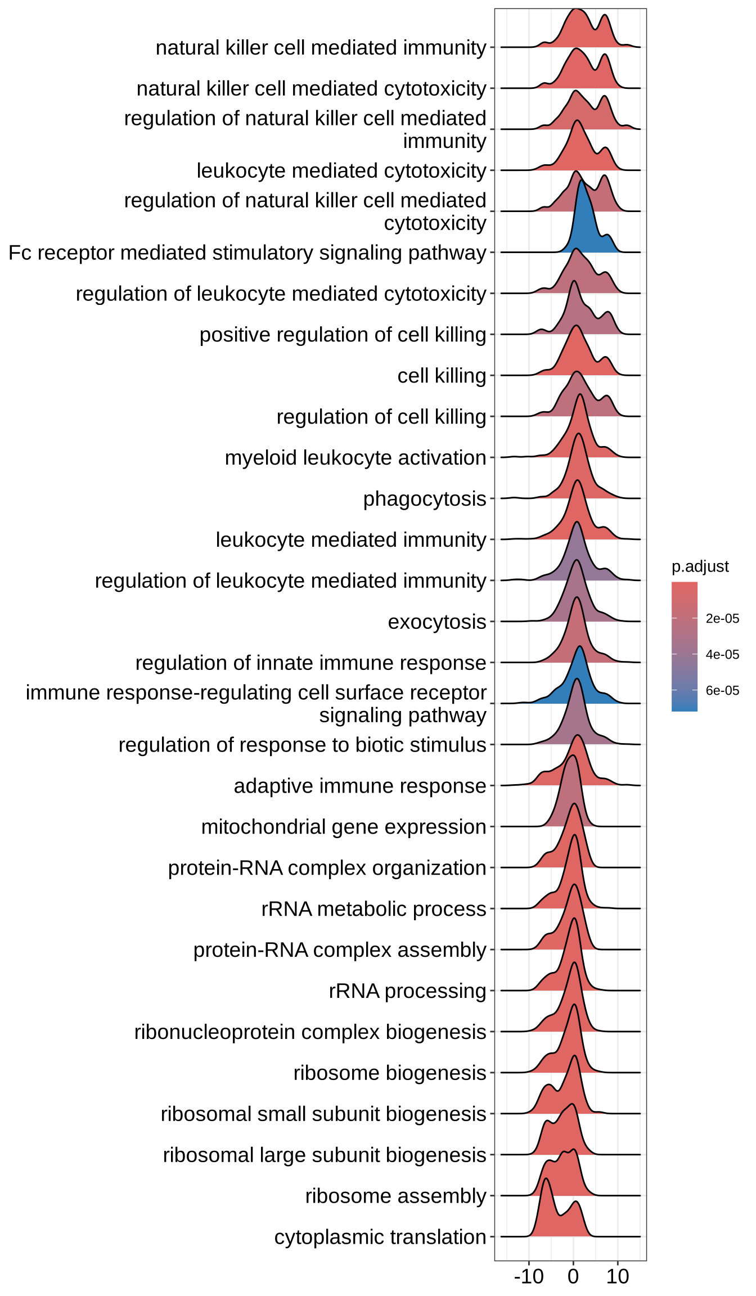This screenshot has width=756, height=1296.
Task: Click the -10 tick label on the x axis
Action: pyautogui.click(x=529, y=1277)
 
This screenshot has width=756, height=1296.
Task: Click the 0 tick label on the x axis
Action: pyautogui.click(x=573, y=1277)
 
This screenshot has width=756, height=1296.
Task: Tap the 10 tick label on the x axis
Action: pyautogui.click(x=618, y=1277)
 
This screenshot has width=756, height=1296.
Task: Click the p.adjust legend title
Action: pyautogui.click(x=700, y=566)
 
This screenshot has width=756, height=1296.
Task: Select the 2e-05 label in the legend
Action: pyautogui.click(x=722, y=619)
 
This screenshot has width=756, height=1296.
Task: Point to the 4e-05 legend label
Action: pyautogui.click(x=722, y=655)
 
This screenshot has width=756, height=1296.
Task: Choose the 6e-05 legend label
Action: pyautogui.click(x=722, y=691)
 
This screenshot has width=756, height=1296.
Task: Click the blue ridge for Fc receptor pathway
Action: pyautogui.click(x=583, y=225)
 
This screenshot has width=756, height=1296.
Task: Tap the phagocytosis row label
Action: pyautogui.click(x=425, y=499)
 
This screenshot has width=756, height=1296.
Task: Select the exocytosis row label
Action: pyautogui.click(x=437, y=622)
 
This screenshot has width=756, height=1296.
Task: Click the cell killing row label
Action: pyautogui.click(x=442, y=376)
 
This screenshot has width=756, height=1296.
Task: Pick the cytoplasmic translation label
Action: pyautogui.click(x=380, y=1237)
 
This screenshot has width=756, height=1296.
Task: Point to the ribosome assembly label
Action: pyautogui.click(x=395, y=1196)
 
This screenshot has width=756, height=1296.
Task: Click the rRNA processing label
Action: pyautogui.click(x=407, y=991)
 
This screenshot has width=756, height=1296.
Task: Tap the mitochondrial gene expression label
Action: pyautogui.click(x=344, y=827)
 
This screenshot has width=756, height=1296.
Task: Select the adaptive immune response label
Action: pyautogui.click(x=360, y=786)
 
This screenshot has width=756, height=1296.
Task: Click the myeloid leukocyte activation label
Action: pyautogui.click(x=355, y=458)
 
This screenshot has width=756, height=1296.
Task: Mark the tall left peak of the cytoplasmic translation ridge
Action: pyautogui.click(x=546, y=1195)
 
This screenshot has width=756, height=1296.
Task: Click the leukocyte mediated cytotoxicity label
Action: pyautogui.click(x=341, y=171)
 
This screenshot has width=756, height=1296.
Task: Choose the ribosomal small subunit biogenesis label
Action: pyautogui.click(x=323, y=1114)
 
